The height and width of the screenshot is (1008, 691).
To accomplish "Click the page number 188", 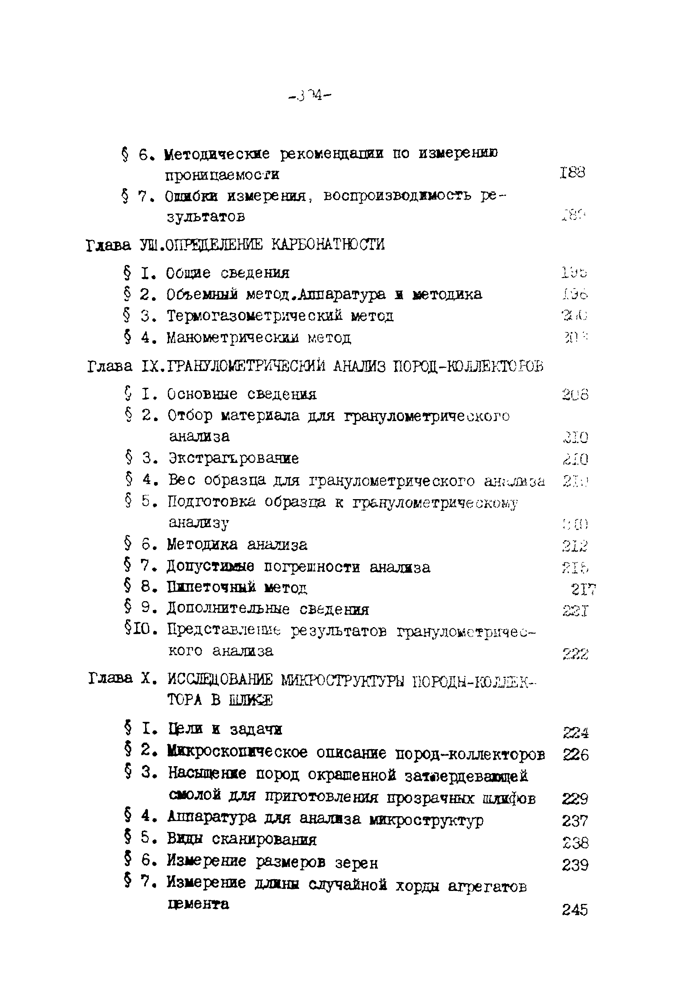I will coord(572,173).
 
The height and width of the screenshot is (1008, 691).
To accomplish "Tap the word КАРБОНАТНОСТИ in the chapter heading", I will coord(328,245).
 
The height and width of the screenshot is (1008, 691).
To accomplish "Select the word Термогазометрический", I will coord(254,316).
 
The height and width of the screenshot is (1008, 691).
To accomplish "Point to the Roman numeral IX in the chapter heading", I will coord(151,367).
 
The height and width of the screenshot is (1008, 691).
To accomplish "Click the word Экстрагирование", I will coord(233,458).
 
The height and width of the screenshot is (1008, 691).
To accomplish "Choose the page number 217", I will coord(583,589).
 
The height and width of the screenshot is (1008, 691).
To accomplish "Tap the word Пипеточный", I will coord(211,588).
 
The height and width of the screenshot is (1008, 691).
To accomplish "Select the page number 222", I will coord(575,654).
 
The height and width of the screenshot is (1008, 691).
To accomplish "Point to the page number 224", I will coord(576,733).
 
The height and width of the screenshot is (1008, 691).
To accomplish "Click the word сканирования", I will coord(264,840).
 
